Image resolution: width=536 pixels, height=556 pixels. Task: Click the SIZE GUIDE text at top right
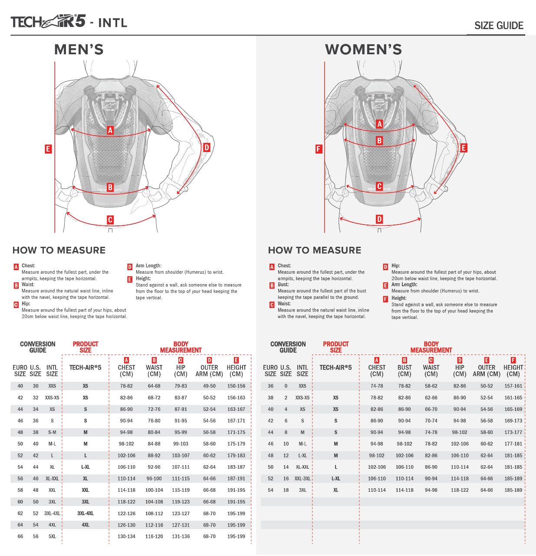pyautogui.click(x=499, y=26)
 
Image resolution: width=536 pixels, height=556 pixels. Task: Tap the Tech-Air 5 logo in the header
pyautogui.click(x=48, y=22)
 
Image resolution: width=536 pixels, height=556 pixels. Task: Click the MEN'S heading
pyautogui.click(x=79, y=50)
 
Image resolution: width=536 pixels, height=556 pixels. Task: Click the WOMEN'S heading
pyautogui.click(x=363, y=50)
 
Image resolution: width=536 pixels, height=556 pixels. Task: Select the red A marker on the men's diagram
pyautogui.click(x=110, y=130)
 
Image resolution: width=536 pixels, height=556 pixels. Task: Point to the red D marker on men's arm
pyautogui.click(x=207, y=148)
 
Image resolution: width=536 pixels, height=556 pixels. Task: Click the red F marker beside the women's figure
pyautogui.click(x=319, y=149)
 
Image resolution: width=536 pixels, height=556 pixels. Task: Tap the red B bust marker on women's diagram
pyautogui.click(x=379, y=141)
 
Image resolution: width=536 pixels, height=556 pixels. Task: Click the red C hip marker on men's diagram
pyautogui.click(x=110, y=220)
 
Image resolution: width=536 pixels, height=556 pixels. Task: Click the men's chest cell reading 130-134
pyautogui.click(x=126, y=536)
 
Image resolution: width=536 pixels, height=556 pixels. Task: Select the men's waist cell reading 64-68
pyautogui.click(x=154, y=386)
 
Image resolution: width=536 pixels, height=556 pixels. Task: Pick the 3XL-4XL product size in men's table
pyautogui.click(x=85, y=513)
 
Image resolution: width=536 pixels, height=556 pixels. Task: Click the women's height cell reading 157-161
pyautogui.click(x=513, y=386)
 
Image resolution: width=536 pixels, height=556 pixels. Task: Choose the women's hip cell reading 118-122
pyautogui.click(x=460, y=490)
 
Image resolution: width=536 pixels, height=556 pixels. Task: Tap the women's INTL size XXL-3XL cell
pyautogui.click(x=303, y=479)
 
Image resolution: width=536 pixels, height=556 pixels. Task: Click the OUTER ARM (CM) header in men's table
pyautogui.click(x=209, y=371)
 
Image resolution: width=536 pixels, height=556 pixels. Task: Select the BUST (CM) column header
pyautogui.click(x=404, y=371)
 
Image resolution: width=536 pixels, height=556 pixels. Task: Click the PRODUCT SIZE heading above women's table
pyautogui.click(x=335, y=347)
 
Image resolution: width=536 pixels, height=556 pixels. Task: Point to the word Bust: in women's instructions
pyautogui.click(x=283, y=285)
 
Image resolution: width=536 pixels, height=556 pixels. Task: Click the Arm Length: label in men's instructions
pyautogui.click(x=148, y=265)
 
